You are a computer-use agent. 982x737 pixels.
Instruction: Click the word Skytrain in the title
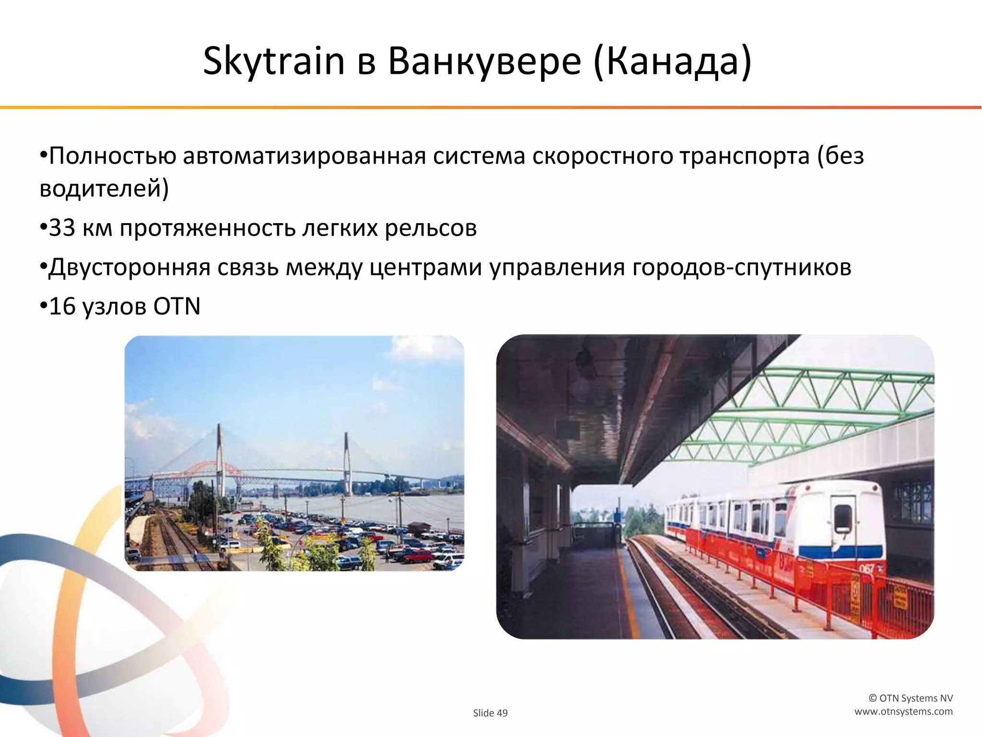pyautogui.click(x=274, y=61)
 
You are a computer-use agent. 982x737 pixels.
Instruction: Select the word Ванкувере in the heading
pyautogui.click(x=484, y=61)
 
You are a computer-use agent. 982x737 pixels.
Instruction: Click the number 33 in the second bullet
pyautogui.click(x=62, y=228)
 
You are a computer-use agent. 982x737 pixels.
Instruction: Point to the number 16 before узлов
pyautogui.click(x=62, y=306)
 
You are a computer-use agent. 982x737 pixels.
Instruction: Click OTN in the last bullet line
pyautogui.click(x=176, y=306)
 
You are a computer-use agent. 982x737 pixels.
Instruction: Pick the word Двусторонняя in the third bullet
pyautogui.click(x=129, y=267)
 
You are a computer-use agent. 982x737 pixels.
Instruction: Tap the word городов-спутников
pyautogui.click(x=741, y=267)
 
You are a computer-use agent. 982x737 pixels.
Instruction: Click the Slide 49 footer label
pyautogui.click(x=490, y=713)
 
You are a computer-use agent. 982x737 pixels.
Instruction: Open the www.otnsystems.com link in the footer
pyautogui.click(x=903, y=712)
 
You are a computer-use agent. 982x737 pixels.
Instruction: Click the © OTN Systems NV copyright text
pyautogui.click(x=911, y=698)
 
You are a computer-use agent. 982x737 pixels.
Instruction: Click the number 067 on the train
pyautogui.click(x=866, y=570)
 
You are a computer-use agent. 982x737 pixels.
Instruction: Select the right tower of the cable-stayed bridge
pyautogui.click(x=346, y=461)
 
